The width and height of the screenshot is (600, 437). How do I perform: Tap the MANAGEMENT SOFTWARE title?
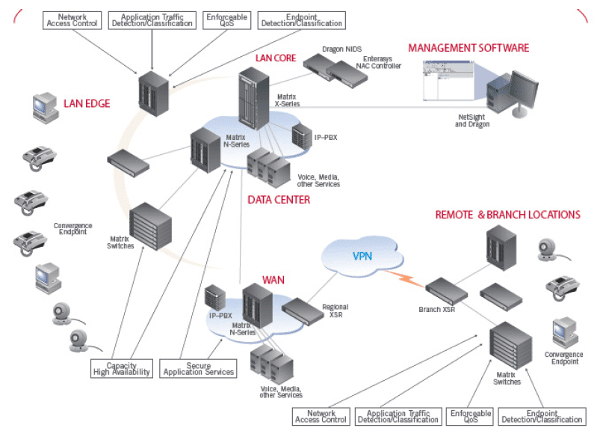tap(468, 48)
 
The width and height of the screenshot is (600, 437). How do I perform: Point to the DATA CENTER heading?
tap(279, 200)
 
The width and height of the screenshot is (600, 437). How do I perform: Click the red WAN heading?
tap(273, 281)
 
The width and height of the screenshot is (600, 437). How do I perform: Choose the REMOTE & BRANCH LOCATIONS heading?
tap(508, 215)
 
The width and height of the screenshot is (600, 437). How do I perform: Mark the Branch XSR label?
tap(441, 309)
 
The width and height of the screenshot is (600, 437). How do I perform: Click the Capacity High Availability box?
tap(122, 369)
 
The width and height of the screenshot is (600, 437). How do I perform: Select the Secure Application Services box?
tap(198, 369)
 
